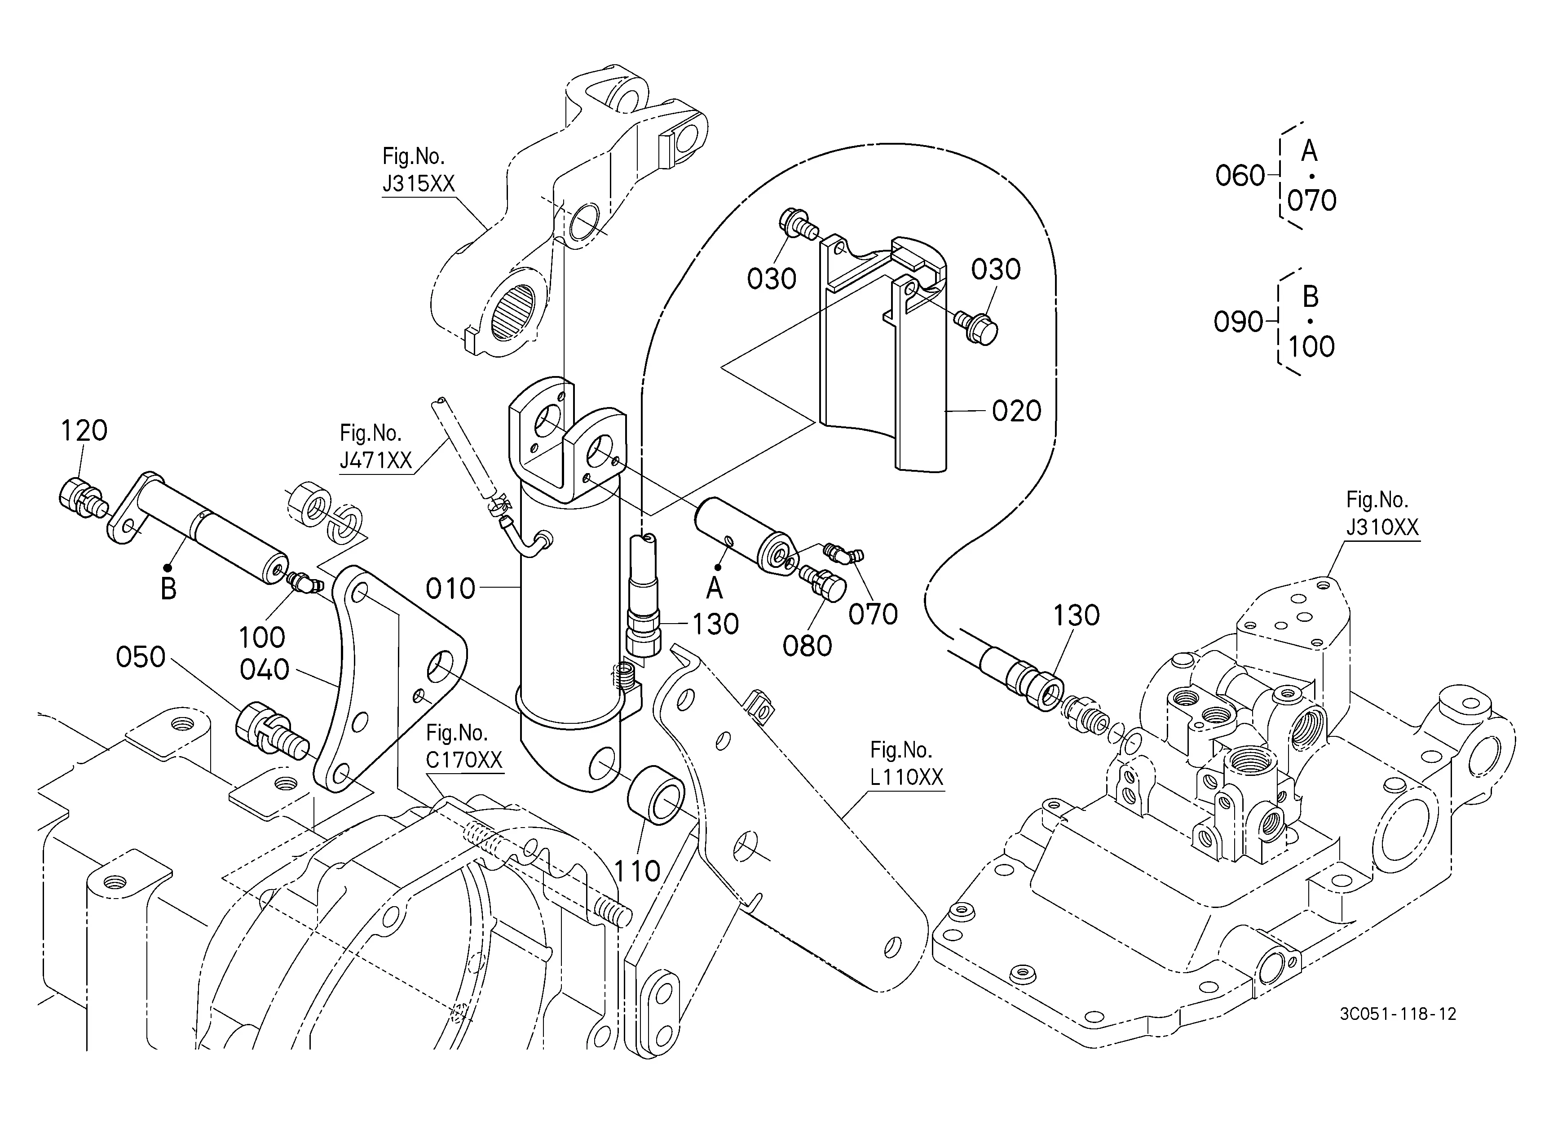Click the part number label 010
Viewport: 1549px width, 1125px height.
click(450, 589)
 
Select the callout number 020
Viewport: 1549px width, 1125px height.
click(1016, 411)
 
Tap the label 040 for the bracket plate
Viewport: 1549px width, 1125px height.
click(265, 670)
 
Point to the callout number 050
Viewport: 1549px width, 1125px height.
click(141, 657)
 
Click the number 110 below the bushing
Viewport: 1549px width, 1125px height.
click(637, 872)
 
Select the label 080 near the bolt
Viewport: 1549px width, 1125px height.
click(807, 646)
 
